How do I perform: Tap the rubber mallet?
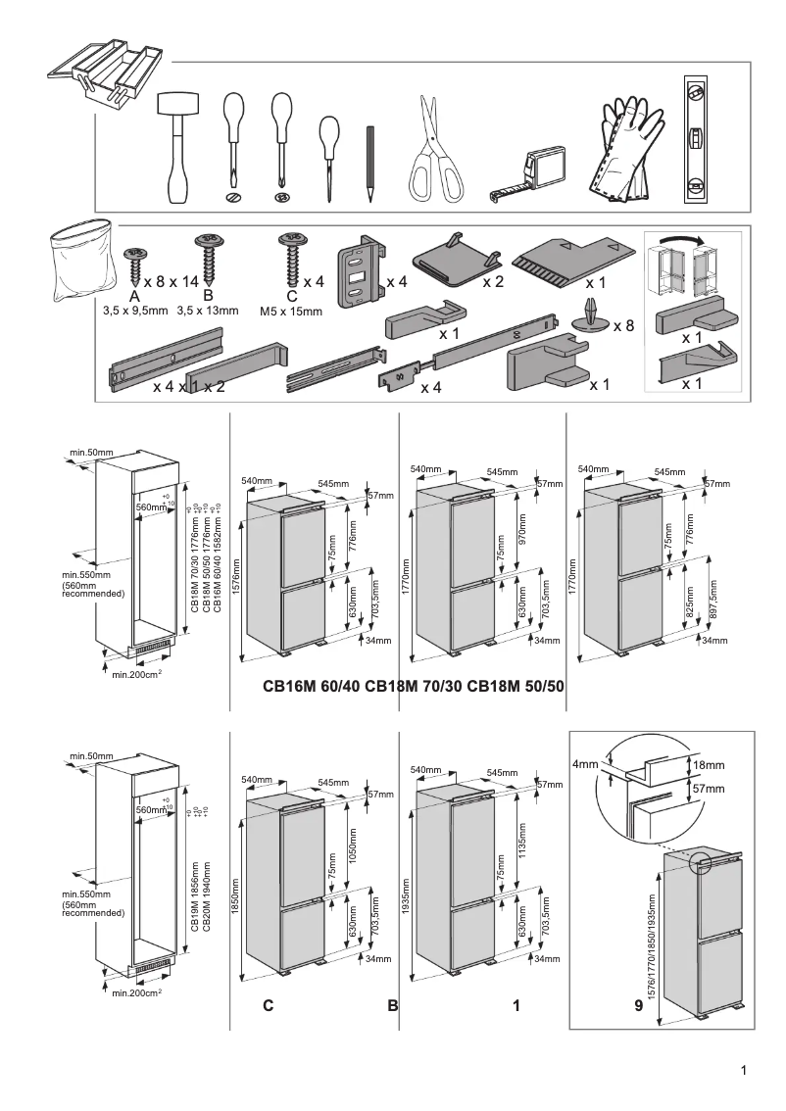point(177,147)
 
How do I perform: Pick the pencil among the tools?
point(370,163)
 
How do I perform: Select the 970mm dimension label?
point(521,532)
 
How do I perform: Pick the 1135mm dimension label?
point(521,839)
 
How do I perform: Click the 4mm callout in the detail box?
point(586,764)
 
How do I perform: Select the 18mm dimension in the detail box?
point(708,764)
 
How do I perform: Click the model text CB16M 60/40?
point(312,687)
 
